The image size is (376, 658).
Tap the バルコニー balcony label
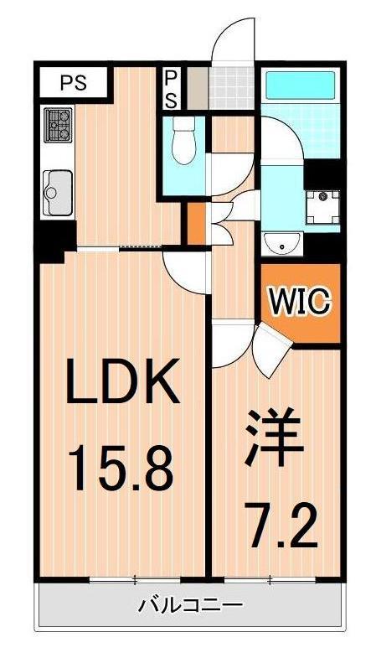pyautogui.click(x=190, y=604)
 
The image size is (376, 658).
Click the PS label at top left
pyautogui.click(x=73, y=82)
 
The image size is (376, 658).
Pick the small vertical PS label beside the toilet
pyautogui.click(x=170, y=88)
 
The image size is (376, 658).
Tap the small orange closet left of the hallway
pyautogui.click(x=193, y=223)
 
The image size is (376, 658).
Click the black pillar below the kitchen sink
pyautogui.click(x=55, y=241)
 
